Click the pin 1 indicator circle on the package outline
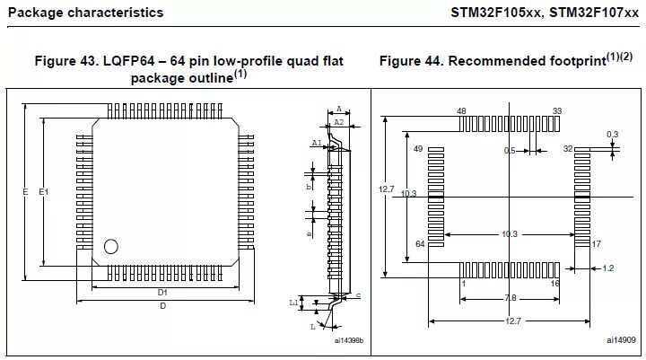[x=111, y=246]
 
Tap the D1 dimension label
[x=163, y=293]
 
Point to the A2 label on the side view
[x=338, y=121]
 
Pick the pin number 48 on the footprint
[x=461, y=111]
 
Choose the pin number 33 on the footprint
[x=557, y=111]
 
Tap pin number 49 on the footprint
[x=418, y=149]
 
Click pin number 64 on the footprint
[x=418, y=244]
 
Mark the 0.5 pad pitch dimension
[x=509, y=150]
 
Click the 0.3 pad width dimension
[x=613, y=134]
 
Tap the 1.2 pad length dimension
[x=607, y=268]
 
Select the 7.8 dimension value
[x=510, y=297]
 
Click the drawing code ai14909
[x=619, y=340]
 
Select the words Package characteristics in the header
[x=85, y=13]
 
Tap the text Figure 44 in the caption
[x=412, y=61]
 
